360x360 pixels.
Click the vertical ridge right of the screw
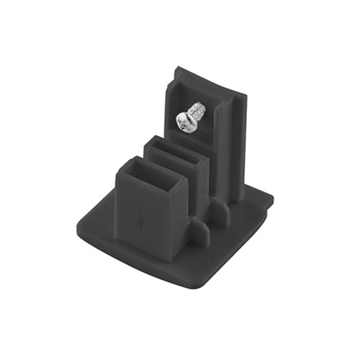click(x=229, y=144)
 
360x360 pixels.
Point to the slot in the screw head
click(x=186, y=124)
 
